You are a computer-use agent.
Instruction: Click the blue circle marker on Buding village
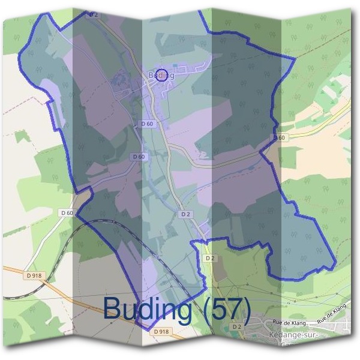[x=160, y=75]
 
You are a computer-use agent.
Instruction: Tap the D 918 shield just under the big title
[x=161, y=331]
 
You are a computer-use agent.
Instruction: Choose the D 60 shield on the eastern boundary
[x=278, y=138]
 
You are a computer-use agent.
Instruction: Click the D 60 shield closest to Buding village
[x=147, y=123]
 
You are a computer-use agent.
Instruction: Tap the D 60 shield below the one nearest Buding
[x=138, y=157]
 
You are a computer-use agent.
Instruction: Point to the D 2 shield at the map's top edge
[x=91, y=14]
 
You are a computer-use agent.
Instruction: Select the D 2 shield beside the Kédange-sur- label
[x=236, y=326]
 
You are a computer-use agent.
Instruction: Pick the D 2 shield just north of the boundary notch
[x=185, y=214]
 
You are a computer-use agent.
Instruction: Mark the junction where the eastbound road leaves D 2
[x=170, y=145]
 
